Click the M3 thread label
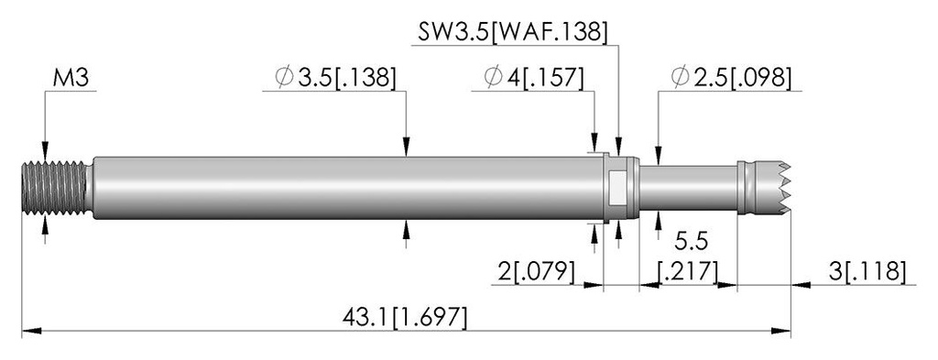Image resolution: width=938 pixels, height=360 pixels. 71,79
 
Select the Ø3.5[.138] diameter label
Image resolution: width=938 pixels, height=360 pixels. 335,79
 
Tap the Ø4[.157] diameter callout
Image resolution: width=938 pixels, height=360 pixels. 534,79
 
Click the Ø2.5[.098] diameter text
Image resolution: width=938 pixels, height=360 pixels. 731,79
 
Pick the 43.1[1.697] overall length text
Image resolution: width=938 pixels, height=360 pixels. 404,317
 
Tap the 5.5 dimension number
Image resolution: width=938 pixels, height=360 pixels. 691,242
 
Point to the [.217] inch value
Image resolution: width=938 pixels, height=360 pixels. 687,271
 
